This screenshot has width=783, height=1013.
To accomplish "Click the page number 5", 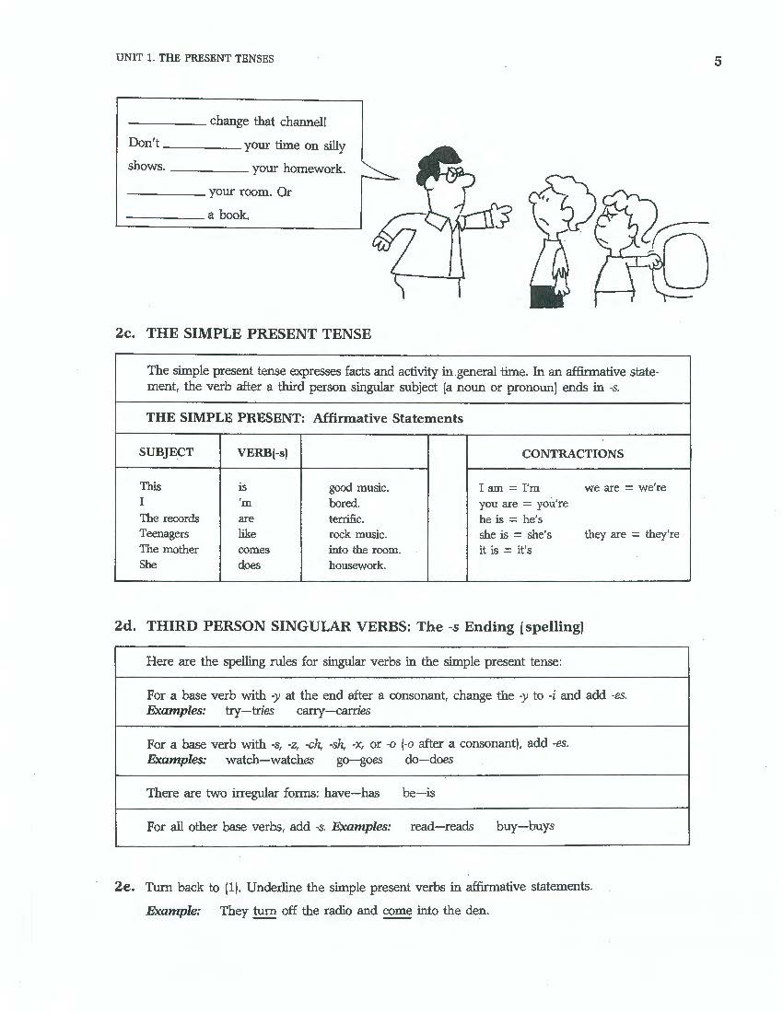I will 718,62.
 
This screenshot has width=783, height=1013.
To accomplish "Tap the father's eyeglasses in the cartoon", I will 451,177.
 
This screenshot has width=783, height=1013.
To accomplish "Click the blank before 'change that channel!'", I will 167,122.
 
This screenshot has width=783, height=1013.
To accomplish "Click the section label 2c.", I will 125,333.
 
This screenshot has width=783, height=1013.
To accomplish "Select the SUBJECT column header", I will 166,452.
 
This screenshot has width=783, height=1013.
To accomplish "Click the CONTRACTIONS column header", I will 572,453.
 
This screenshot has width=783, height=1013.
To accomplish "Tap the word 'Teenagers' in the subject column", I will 164,534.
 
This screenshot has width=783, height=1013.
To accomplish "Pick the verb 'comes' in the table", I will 253,550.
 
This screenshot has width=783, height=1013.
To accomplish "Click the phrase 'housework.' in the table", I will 357,565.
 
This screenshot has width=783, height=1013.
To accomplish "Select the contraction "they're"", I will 659,534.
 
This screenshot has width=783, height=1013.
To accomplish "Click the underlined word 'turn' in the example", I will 264,912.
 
